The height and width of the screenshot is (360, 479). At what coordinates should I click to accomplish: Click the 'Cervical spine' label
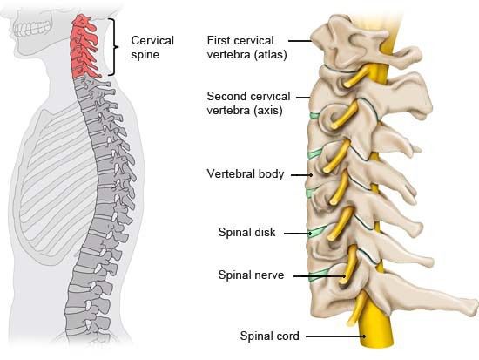click(152, 47)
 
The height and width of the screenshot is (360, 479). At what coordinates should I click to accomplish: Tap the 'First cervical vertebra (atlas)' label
click(246, 47)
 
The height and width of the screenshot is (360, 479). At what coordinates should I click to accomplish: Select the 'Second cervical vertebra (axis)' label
click(248, 103)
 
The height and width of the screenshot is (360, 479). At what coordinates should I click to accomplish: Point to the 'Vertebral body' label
click(246, 173)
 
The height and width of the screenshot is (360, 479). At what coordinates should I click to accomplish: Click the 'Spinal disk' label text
click(246, 232)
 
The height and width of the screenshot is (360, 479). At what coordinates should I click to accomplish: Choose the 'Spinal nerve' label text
click(251, 275)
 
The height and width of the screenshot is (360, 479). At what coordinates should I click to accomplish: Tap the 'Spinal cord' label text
click(269, 336)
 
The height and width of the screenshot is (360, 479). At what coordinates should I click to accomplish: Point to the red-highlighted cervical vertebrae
click(83, 46)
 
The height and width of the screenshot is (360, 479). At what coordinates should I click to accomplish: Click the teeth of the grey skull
click(31, 29)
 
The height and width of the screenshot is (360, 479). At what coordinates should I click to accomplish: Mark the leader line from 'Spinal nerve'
click(320, 276)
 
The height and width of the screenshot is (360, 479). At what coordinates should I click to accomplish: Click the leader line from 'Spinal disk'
click(298, 234)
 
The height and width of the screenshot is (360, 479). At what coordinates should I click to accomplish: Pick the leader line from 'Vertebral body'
click(302, 175)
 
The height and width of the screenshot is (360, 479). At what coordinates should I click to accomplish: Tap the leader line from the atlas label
click(300, 40)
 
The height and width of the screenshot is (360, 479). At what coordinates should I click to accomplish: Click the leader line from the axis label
click(303, 98)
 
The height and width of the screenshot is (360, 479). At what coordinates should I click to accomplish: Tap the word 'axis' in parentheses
click(268, 111)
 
